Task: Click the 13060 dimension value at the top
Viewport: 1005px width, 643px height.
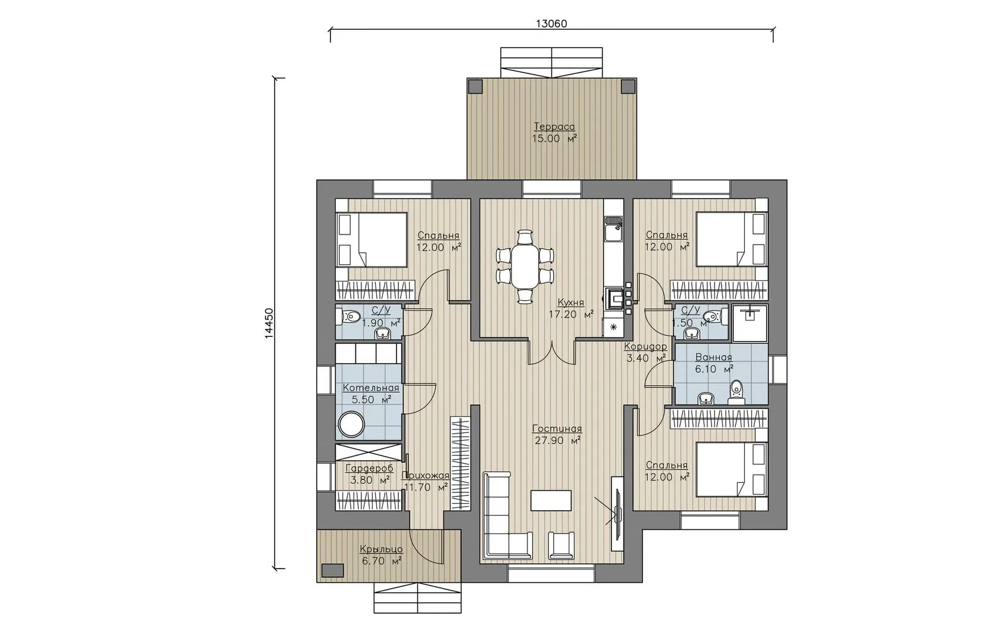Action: point(551,24)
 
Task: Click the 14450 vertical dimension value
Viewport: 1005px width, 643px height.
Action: point(269,323)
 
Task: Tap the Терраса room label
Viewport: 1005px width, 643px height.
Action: point(554,127)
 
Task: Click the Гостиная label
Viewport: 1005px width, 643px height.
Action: point(557,429)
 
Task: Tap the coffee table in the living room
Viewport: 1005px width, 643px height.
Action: point(551,500)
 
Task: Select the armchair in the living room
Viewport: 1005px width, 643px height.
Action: point(561,545)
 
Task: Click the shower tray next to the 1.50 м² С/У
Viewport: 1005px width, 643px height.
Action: point(749,323)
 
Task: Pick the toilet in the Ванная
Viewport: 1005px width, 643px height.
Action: point(736,391)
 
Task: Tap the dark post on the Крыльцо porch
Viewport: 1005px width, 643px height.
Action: point(332,571)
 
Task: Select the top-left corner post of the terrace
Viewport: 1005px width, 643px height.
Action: point(476,86)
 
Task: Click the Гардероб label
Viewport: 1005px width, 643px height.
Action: point(369,469)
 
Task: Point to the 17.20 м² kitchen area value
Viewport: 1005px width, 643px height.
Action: point(571,314)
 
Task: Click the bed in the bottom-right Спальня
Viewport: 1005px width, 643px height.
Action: point(731,469)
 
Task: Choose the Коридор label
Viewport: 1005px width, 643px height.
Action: point(645,347)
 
